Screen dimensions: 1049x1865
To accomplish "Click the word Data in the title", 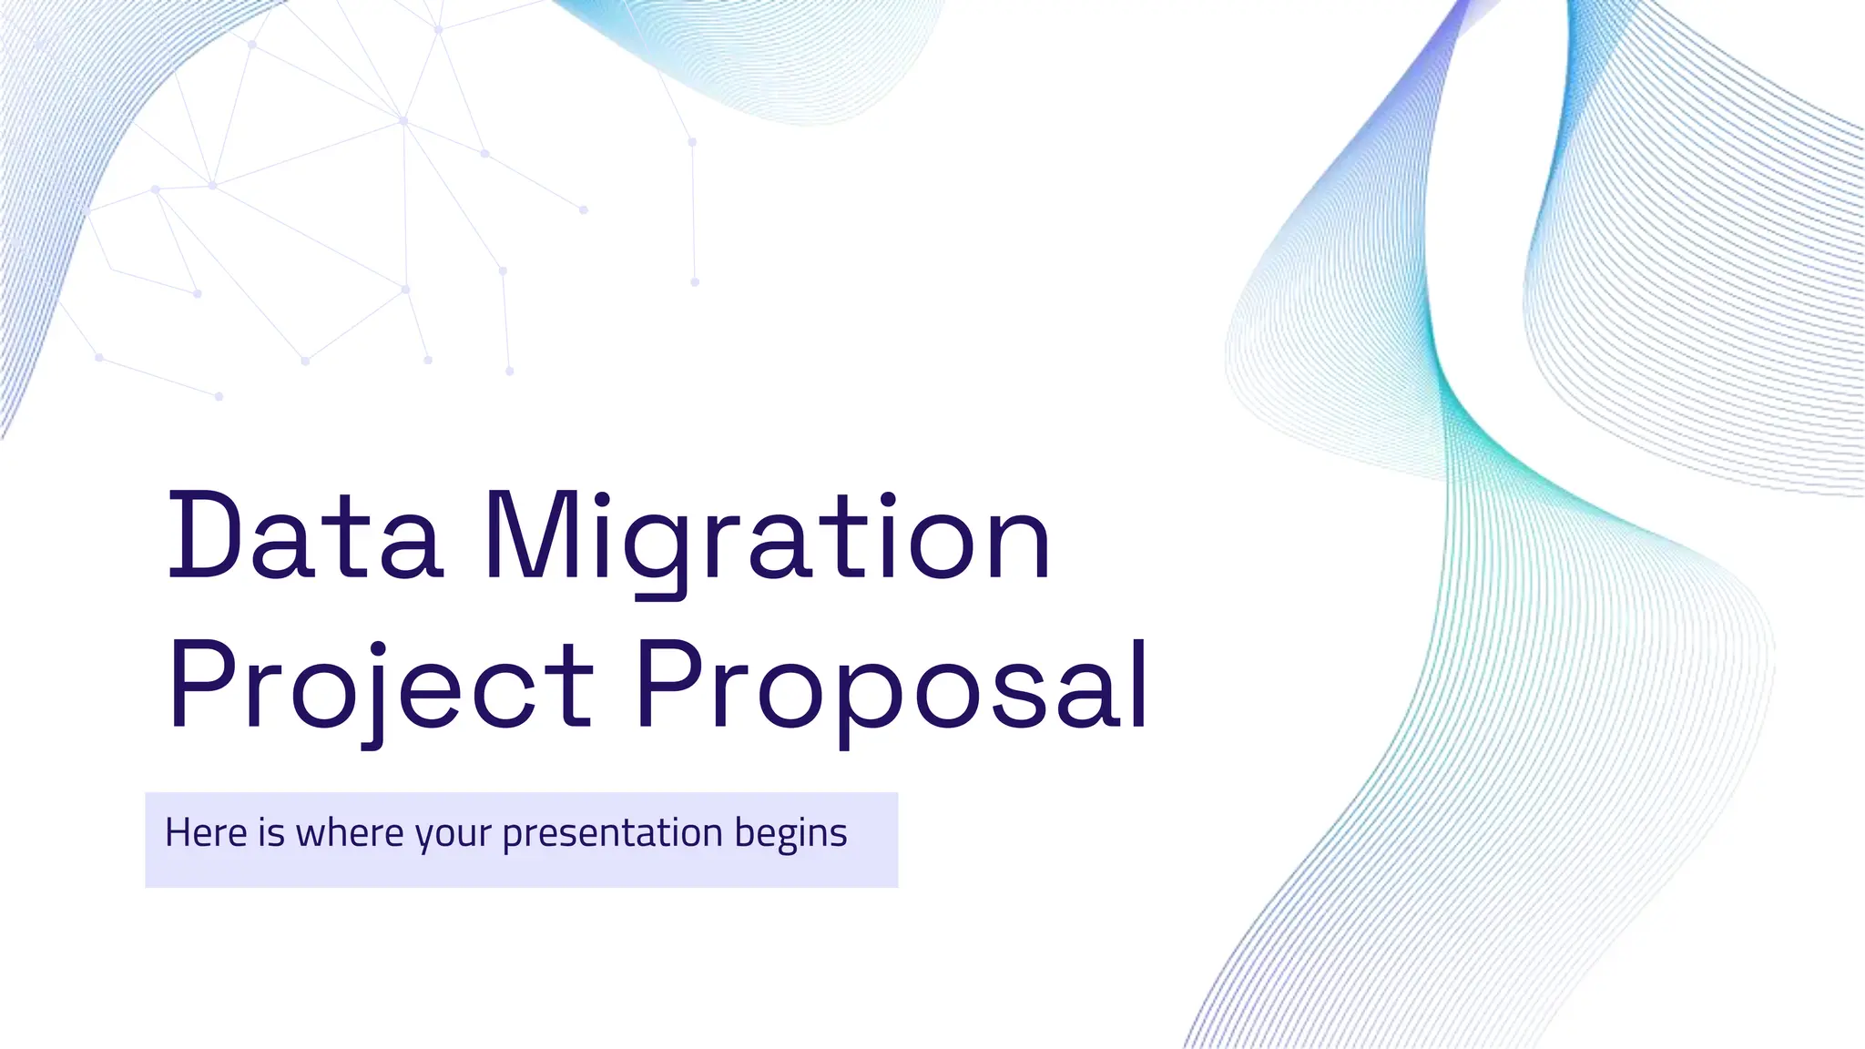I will (x=305, y=537).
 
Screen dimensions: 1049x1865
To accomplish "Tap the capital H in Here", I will (x=178, y=832).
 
